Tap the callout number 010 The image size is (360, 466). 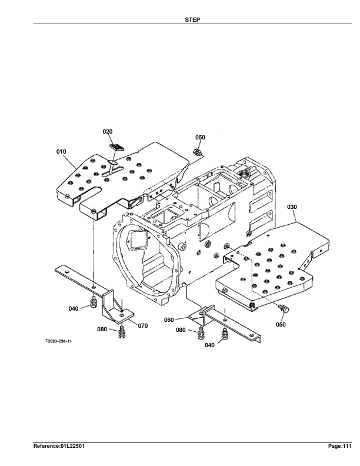[x=61, y=152]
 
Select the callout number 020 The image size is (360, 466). [x=108, y=131]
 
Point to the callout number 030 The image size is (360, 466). [x=292, y=207]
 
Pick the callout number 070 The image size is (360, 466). [x=142, y=325]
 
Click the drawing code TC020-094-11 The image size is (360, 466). [x=58, y=340]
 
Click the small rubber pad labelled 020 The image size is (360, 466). [x=116, y=146]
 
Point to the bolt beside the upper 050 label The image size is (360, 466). [x=198, y=152]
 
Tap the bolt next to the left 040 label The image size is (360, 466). [x=92, y=304]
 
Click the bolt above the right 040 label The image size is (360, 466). [x=224, y=335]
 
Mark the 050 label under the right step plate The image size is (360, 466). [x=281, y=324]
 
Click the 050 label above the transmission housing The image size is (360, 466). [x=200, y=137]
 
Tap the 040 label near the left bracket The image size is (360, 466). [x=73, y=308]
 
